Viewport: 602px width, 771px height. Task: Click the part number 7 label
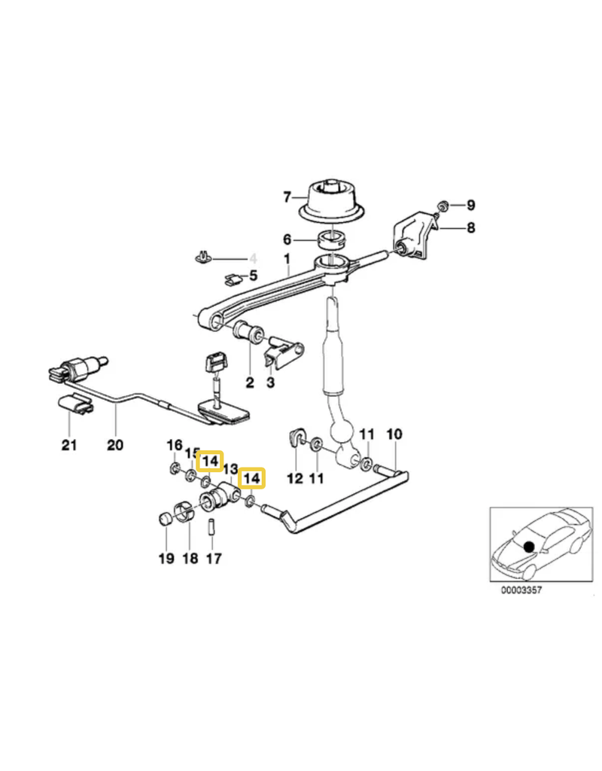(287, 197)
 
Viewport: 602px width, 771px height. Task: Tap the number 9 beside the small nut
(471, 205)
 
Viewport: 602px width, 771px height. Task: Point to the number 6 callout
(287, 239)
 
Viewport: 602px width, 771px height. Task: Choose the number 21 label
(69, 446)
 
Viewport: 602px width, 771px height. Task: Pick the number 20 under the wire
(114, 446)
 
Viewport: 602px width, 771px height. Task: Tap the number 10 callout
(394, 434)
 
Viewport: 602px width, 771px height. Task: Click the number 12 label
(295, 477)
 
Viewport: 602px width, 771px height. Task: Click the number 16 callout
(174, 445)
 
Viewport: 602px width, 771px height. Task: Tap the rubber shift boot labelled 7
(333, 202)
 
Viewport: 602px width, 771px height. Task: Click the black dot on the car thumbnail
(529, 545)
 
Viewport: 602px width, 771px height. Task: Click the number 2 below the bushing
(250, 382)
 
